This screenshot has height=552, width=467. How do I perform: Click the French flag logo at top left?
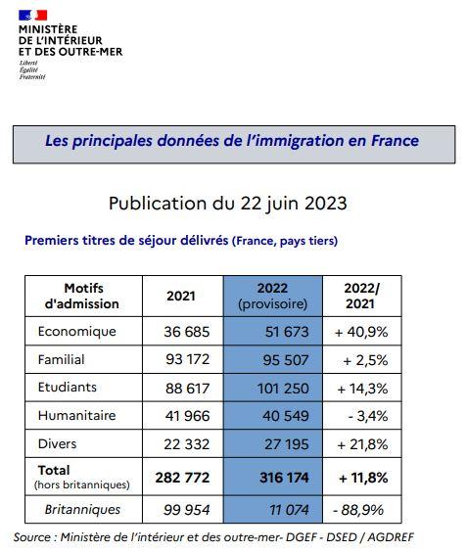point(32,15)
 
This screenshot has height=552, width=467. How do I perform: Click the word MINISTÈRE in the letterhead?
point(48,29)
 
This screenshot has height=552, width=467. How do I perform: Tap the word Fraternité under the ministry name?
point(32,76)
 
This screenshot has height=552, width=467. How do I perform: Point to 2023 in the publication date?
point(326,204)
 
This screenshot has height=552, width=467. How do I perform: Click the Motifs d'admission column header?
point(83,297)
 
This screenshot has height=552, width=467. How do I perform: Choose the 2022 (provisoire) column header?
point(272,297)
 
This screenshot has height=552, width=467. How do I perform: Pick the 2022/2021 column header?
point(361,297)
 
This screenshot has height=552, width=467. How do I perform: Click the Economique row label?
point(76,332)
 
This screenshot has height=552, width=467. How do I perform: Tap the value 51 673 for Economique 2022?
point(287,332)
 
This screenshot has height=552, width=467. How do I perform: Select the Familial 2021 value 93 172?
point(187,359)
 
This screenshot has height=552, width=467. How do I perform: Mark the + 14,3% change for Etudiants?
point(362,389)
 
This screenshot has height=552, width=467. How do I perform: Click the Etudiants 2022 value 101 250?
point(283,389)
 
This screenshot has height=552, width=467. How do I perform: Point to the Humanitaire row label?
point(76,415)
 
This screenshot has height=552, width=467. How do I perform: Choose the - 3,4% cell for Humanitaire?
point(368,416)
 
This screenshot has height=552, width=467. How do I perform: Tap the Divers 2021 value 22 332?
point(187,444)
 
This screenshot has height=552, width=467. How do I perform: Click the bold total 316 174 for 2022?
point(284,478)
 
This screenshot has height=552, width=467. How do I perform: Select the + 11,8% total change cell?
point(363,478)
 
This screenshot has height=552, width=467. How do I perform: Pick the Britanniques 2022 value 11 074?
point(289,510)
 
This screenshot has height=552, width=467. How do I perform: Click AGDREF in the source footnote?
point(391,537)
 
